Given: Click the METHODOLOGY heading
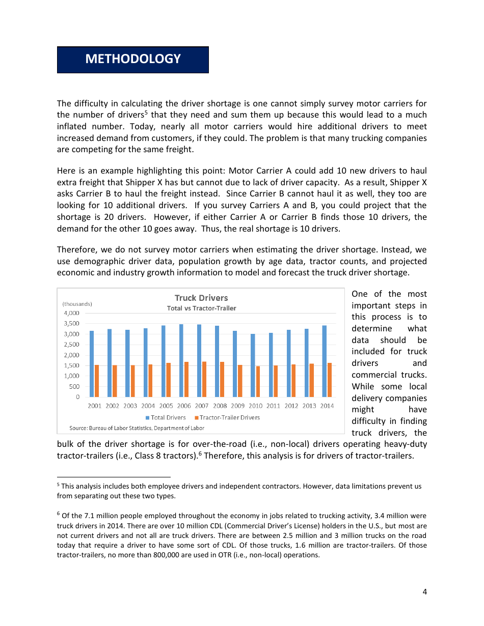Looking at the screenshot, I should (132, 59).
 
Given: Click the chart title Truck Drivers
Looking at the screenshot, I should (201, 298).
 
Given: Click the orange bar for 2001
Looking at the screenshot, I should (97, 381).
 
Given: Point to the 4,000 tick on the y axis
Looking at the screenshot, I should (71, 313).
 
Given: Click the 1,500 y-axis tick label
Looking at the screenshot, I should (71, 365).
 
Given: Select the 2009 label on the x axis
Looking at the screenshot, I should (237, 406).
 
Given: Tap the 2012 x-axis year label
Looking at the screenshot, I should (291, 406).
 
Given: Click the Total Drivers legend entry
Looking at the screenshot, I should (166, 417).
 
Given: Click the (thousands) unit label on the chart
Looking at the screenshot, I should (77, 304).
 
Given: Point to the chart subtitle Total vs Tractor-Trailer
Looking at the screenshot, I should (201, 308).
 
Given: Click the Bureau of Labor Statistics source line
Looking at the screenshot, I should (137, 428).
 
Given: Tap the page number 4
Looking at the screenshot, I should (424, 591).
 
